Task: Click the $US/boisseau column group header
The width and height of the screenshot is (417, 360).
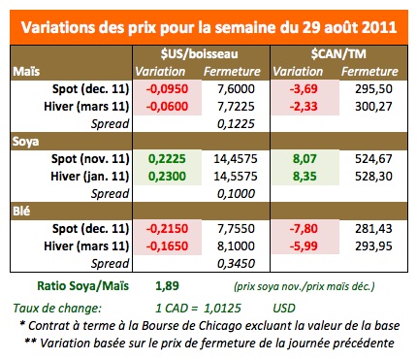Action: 200,52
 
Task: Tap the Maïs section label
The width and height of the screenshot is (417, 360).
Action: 27,71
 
